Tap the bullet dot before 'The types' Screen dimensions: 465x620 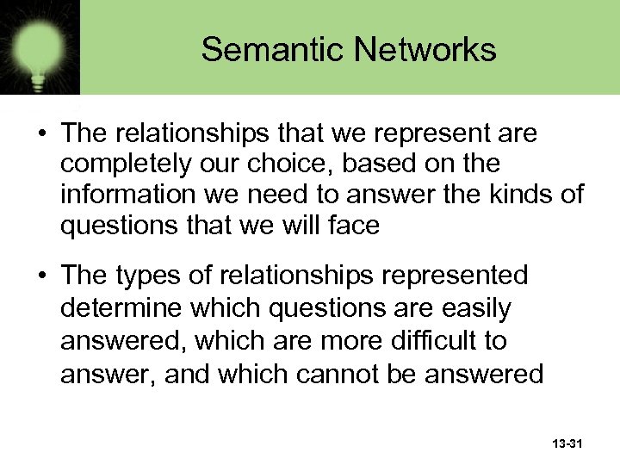pyautogui.click(x=40, y=276)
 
